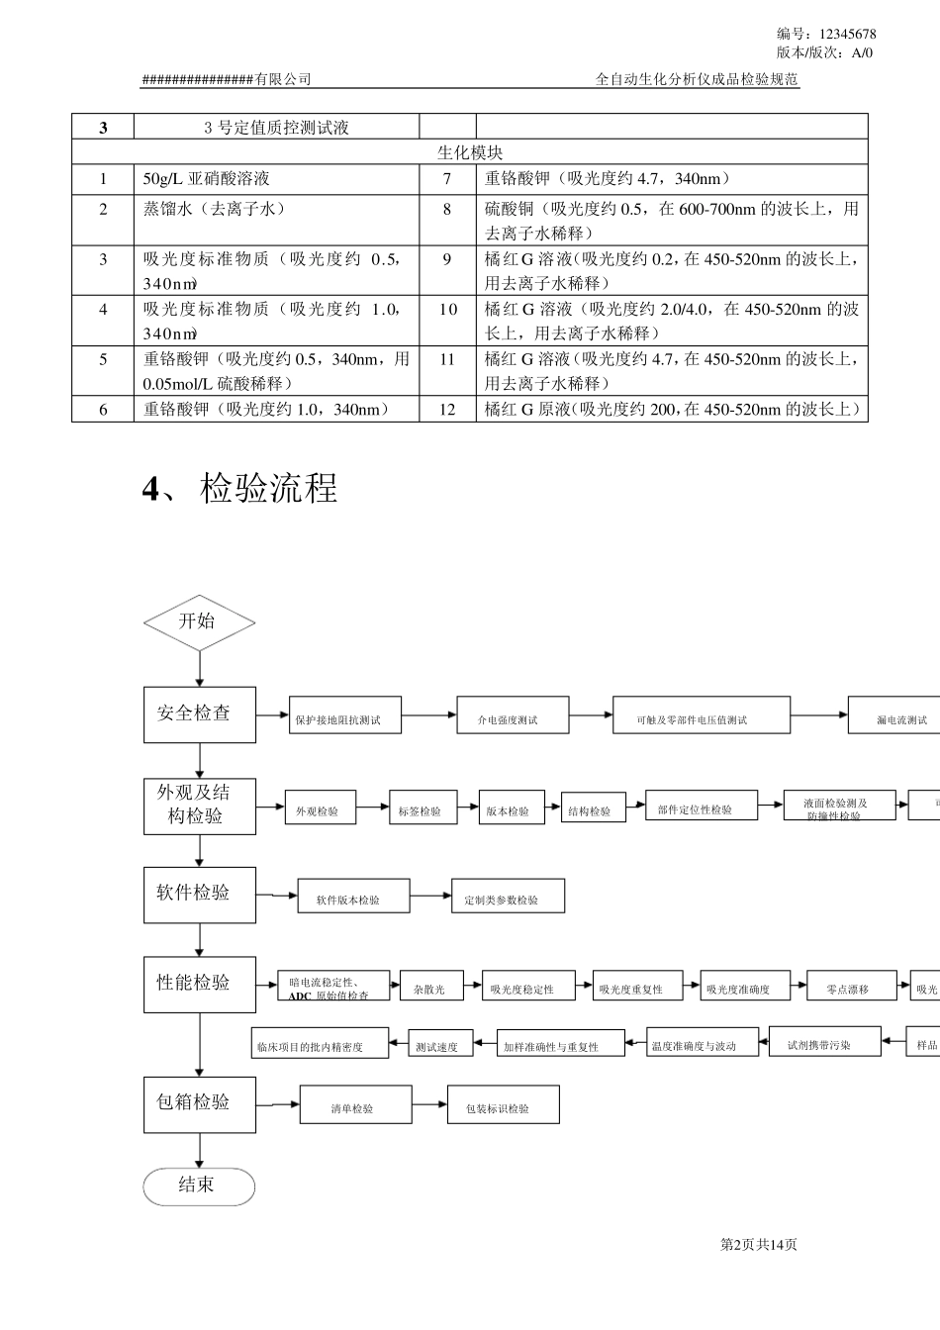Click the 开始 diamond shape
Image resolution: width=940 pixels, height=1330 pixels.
point(199,622)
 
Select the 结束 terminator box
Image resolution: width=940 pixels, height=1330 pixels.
point(199,1186)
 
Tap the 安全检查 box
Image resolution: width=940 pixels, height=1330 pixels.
point(199,713)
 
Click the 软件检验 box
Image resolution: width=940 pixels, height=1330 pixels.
point(199,895)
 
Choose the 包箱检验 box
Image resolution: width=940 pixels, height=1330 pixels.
point(199,1102)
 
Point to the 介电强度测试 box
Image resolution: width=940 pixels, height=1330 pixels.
point(513,714)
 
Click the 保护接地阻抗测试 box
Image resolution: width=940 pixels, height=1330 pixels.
point(344,714)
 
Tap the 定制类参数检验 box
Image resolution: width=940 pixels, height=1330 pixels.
point(508,897)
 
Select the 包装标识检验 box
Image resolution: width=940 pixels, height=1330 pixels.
point(503,1105)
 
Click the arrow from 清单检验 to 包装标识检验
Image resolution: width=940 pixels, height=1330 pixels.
point(429,1104)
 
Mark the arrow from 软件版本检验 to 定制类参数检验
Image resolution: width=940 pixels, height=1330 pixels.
point(430,897)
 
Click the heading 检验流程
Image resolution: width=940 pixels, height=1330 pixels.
point(268,488)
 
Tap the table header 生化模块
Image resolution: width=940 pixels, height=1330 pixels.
point(470,152)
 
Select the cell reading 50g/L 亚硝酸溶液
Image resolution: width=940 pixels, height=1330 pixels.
point(206,179)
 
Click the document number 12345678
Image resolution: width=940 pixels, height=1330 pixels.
point(848,34)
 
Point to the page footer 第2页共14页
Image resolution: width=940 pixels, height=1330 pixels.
point(758,1244)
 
